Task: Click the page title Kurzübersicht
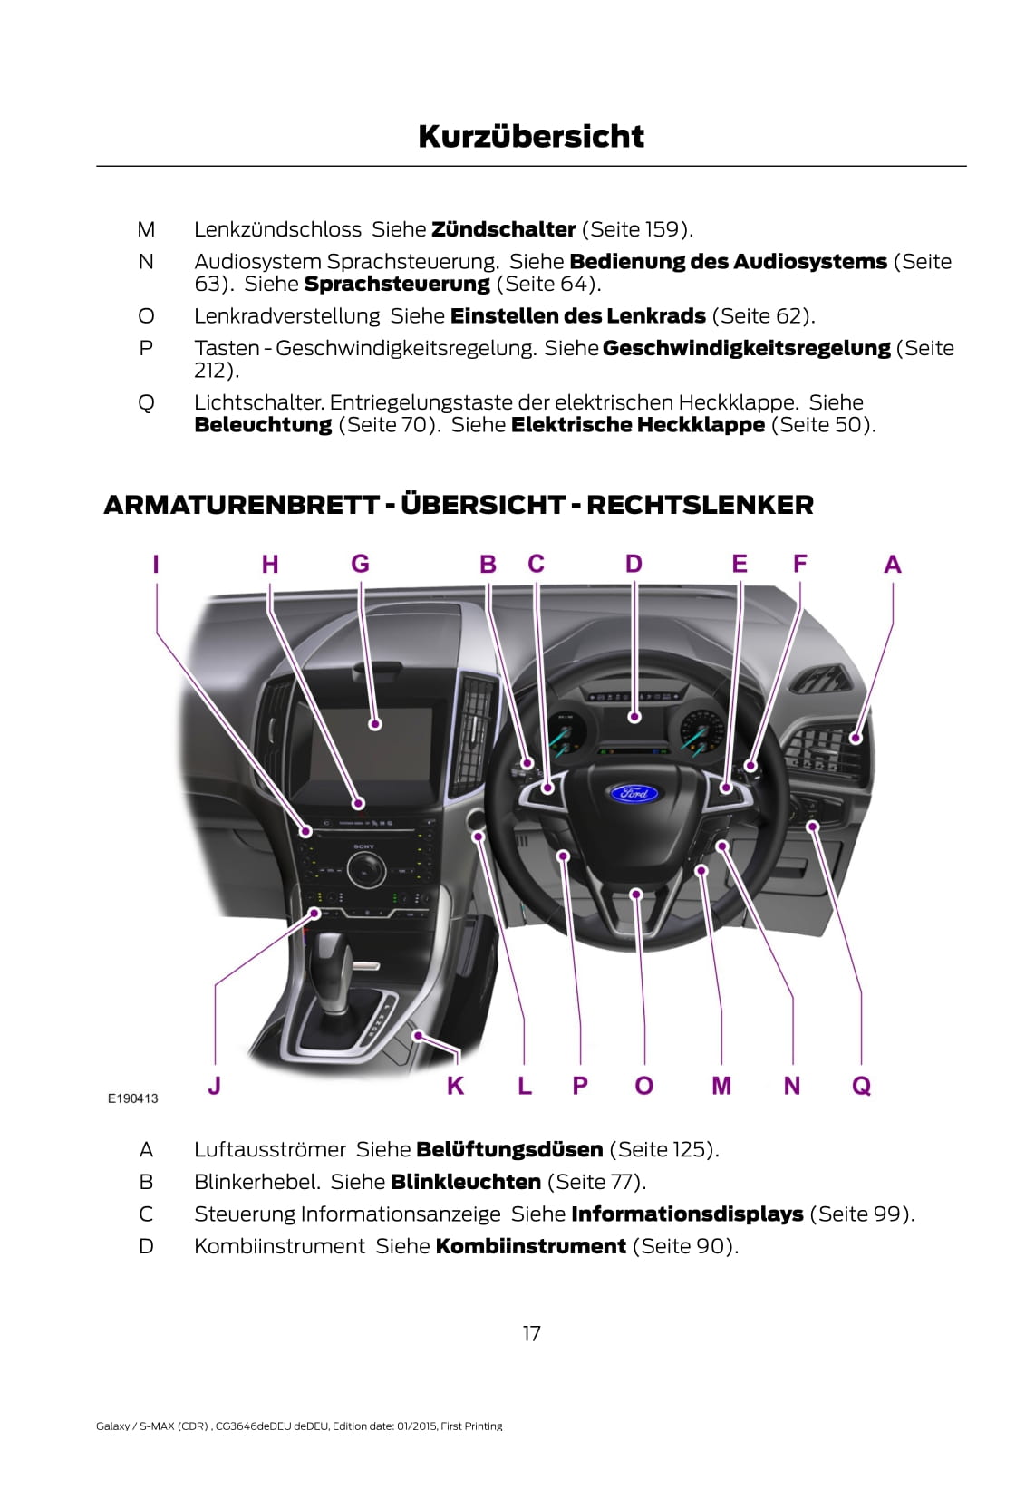coord(531,137)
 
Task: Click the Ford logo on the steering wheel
coord(634,794)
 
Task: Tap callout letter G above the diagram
coord(360,564)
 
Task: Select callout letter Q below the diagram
coord(861,1085)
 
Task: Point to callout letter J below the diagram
coord(214,1085)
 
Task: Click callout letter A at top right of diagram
coord(892,565)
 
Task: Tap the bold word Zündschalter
coord(503,229)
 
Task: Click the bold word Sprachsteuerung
coord(397,284)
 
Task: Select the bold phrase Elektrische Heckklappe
coord(638,425)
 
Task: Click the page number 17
coord(531,1333)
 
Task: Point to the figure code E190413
coord(132,1098)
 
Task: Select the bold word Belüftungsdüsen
coord(509,1150)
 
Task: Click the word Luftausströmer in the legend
coord(270,1150)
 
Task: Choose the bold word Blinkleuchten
coord(465,1182)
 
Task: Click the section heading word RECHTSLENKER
coord(700,505)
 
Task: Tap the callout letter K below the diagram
coord(455,1085)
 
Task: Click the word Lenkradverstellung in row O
coord(286,316)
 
